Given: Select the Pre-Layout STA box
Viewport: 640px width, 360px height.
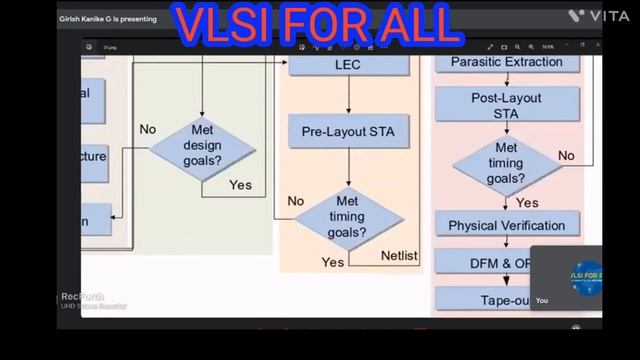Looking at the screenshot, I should point(348,130).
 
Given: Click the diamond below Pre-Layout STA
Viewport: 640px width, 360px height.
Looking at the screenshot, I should point(348,217).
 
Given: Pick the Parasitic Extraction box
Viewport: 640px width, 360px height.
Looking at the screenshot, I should point(506,63).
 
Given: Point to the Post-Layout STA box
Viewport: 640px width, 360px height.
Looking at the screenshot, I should point(506,106).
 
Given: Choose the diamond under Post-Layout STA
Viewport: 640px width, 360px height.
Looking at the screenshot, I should point(506,163).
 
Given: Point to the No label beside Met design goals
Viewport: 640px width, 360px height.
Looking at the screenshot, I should point(148,129).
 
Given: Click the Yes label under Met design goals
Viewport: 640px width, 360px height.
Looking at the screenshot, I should point(240,185).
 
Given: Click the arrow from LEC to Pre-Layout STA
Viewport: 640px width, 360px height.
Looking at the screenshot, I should point(348,97).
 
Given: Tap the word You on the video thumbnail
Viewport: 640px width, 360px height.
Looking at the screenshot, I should point(542,300).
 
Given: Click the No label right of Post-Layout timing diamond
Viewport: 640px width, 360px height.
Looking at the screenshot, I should point(566,155).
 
